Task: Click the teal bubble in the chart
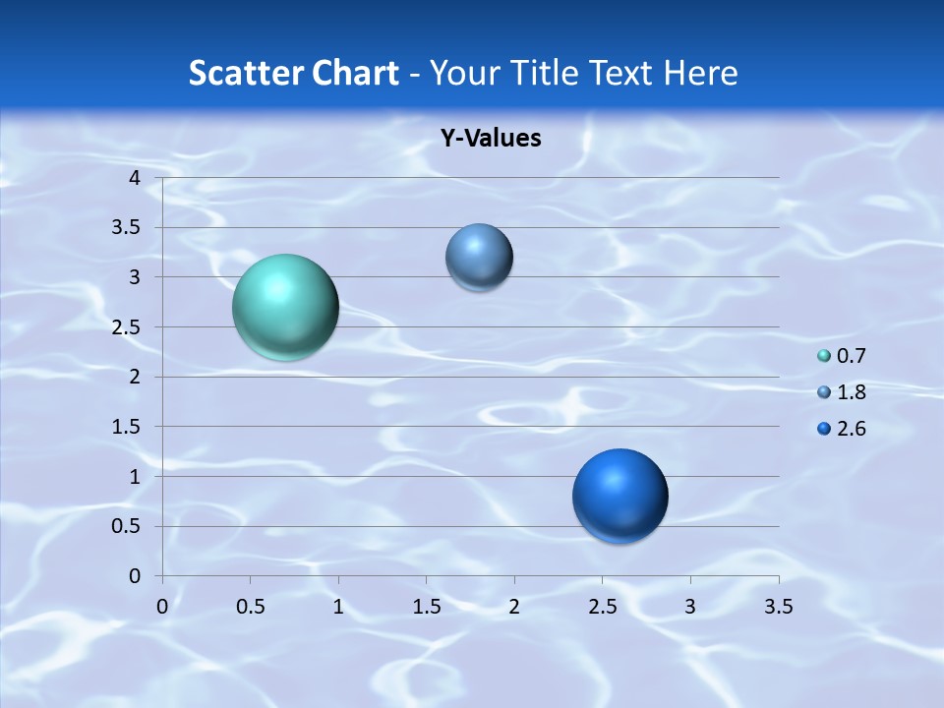click(285, 307)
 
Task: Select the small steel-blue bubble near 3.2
click(479, 257)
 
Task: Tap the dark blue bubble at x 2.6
click(619, 496)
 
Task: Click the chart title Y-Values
click(490, 139)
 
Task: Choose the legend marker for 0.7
click(824, 356)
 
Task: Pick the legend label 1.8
click(852, 392)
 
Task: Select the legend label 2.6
click(852, 429)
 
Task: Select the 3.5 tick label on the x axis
click(778, 607)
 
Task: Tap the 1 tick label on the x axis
click(338, 607)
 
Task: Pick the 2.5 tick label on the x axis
click(602, 607)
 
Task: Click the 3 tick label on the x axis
click(690, 607)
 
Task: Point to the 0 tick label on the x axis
click(162, 607)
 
